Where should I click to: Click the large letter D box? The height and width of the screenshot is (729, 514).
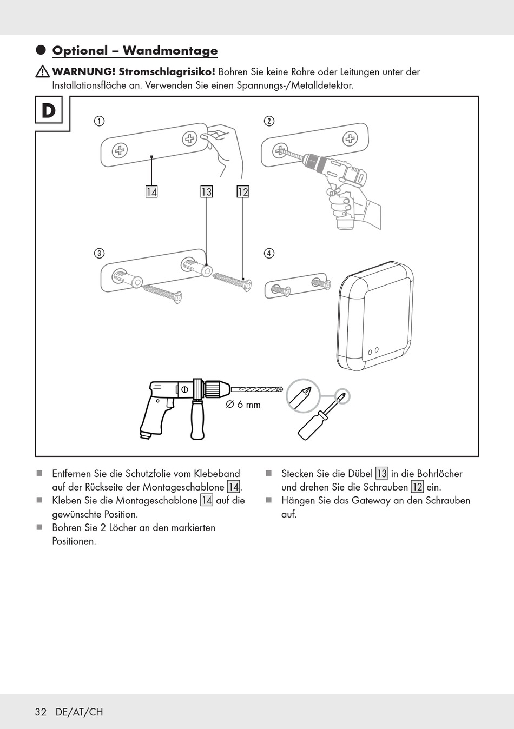click(49, 111)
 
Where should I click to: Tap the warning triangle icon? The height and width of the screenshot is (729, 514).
click(42, 71)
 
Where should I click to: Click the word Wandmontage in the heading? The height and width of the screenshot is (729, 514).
click(170, 51)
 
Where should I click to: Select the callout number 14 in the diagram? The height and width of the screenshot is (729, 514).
click(151, 192)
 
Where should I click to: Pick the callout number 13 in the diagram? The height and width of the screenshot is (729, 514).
click(206, 192)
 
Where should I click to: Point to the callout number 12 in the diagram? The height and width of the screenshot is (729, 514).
click(243, 192)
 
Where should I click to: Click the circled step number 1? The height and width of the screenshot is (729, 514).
click(99, 121)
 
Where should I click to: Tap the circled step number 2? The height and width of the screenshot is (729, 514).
click(269, 121)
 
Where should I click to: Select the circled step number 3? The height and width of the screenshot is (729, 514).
click(99, 253)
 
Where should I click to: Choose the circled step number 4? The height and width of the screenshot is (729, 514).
click(269, 253)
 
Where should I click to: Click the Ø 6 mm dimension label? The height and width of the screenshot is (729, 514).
click(243, 405)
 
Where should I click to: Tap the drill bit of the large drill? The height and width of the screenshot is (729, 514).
click(257, 389)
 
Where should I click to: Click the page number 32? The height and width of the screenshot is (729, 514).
click(41, 712)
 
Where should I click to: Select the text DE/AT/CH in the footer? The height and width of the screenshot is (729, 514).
click(79, 712)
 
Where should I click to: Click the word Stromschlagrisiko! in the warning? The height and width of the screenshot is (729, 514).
click(167, 72)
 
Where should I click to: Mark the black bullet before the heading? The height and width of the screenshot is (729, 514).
click(41, 50)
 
